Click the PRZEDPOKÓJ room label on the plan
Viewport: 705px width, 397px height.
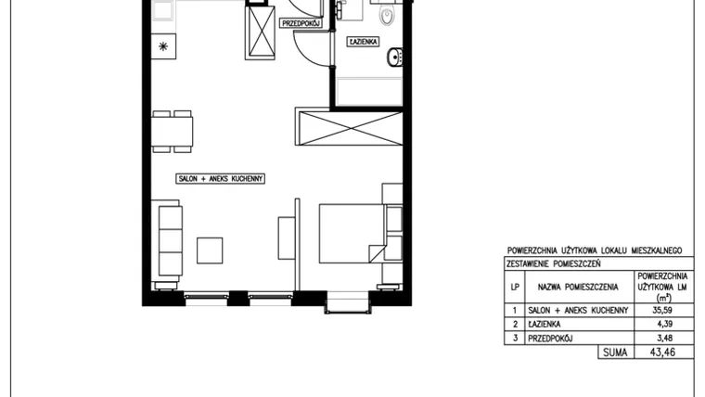click(301, 23)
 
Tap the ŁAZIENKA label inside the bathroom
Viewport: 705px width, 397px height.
click(364, 42)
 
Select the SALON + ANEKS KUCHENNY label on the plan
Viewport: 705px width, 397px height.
click(221, 178)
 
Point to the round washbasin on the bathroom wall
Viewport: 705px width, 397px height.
click(395, 57)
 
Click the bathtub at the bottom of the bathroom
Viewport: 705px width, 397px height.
click(369, 92)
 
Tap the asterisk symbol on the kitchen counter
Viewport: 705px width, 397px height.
click(163, 46)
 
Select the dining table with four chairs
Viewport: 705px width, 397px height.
click(173, 132)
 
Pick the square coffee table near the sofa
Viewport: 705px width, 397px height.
click(210, 250)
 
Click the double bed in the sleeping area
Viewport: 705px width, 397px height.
click(352, 234)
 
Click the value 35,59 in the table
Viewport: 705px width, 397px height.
click(662, 310)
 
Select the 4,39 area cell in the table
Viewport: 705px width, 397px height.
click(665, 324)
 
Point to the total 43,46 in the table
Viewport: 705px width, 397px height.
click(662, 352)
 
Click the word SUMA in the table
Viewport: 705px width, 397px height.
click(615, 352)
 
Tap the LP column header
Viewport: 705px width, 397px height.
click(515, 287)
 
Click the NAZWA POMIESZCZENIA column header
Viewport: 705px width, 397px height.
click(578, 287)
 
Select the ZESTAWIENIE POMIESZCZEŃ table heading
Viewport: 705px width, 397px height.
click(554, 264)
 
